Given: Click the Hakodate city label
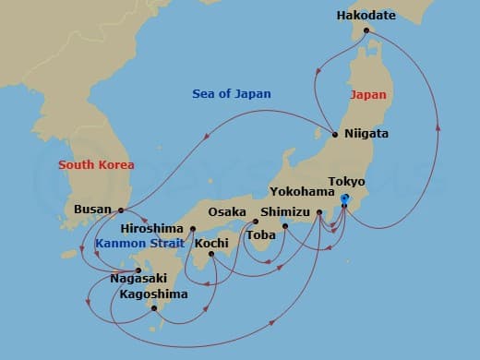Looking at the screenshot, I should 366,16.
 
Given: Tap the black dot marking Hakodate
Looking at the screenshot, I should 366,31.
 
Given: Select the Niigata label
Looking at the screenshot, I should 366,134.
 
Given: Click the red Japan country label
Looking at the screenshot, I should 367,94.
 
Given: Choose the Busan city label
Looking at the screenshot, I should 92,210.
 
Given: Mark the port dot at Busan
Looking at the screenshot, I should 122,210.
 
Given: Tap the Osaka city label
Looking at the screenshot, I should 227,211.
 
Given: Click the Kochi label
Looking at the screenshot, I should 211,244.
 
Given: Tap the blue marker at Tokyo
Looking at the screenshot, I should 343,199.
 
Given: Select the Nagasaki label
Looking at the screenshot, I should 138,278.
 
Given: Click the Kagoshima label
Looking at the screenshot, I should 153,294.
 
